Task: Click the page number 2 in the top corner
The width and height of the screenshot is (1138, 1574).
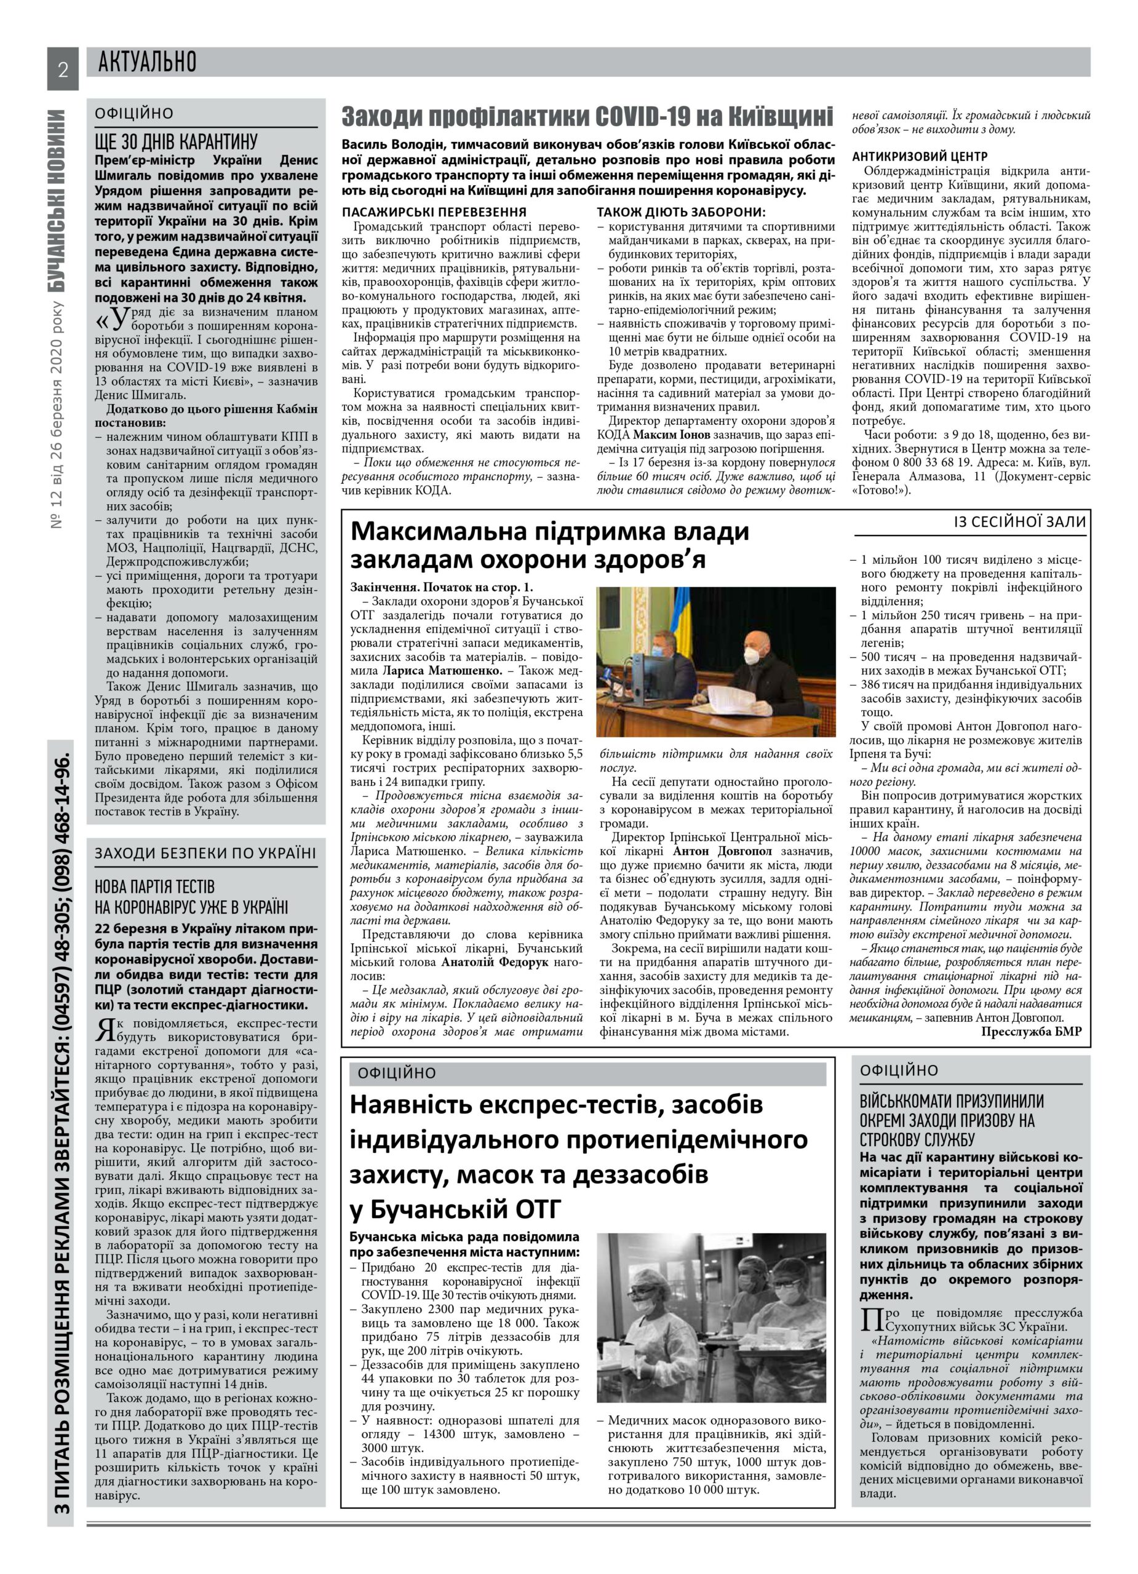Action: click(x=63, y=69)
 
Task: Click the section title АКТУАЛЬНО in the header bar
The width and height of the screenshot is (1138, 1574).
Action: click(x=147, y=63)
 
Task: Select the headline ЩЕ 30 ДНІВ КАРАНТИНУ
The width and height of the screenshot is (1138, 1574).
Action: click(x=176, y=142)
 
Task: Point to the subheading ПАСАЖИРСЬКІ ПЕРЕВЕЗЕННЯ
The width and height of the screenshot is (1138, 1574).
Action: click(x=435, y=212)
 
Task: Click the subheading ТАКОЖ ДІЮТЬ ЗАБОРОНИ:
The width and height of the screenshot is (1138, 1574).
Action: click(x=681, y=212)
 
